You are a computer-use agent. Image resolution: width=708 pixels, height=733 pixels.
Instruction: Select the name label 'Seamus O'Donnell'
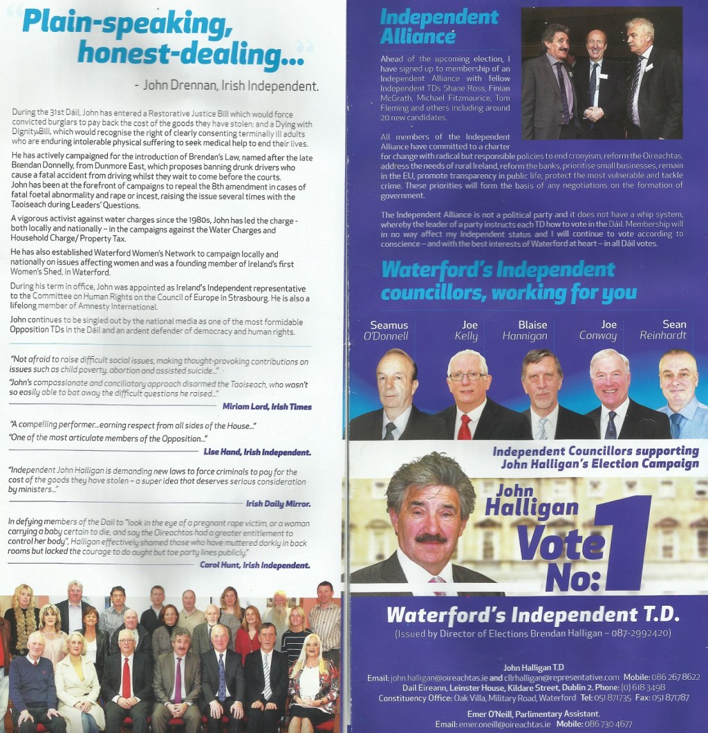(389, 331)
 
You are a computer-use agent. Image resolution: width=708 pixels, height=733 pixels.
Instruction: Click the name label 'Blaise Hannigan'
(532, 331)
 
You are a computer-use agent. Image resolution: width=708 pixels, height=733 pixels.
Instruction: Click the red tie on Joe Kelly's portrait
(464, 427)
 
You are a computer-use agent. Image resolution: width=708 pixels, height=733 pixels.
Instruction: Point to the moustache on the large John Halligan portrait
(430, 537)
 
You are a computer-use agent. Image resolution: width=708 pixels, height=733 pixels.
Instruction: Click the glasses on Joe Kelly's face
(467, 376)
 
